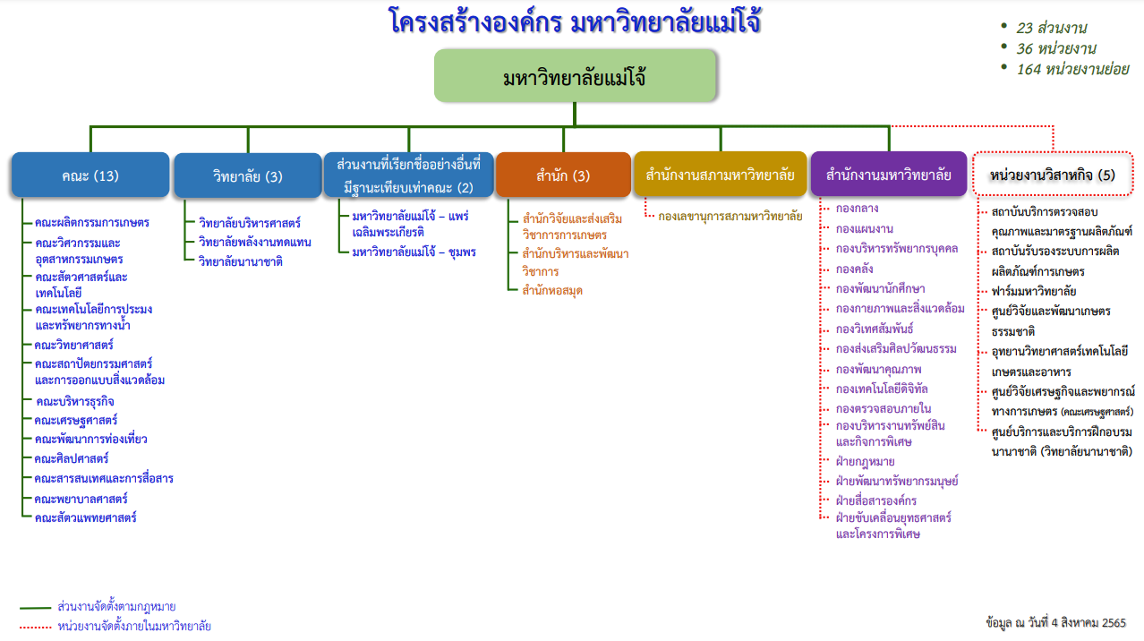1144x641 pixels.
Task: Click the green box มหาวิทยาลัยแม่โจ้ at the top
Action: tap(575, 75)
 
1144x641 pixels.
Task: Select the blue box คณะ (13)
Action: tap(90, 175)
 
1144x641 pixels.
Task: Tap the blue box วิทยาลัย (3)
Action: tap(248, 176)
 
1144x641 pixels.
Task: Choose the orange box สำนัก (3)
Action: tap(563, 175)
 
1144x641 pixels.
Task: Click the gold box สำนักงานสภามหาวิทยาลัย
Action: tap(720, 175)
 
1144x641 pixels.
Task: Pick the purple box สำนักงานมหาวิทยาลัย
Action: tap(889, 175)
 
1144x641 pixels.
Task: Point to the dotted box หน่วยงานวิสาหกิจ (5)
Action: tap(1053, 175)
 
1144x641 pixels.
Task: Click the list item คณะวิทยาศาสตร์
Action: tap(74, 345)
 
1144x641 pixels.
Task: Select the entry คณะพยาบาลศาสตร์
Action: tap(81, 499)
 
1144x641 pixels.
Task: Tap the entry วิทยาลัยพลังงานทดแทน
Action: tap(255, 242)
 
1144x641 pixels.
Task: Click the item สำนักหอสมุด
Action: tap(552, 290)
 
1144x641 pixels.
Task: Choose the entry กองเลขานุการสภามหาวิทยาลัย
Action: tap(730, 216)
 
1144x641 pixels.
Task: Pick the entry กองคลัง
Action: tap(856, 268)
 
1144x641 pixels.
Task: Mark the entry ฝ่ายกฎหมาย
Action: tap(865, 461)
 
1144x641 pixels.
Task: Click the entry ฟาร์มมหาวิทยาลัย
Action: tap(1034, 291)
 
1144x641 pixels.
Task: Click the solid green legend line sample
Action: tap(35, 607)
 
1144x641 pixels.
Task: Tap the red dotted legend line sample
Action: tap(35, 627)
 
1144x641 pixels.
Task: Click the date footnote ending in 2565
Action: tap(1054, 622)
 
